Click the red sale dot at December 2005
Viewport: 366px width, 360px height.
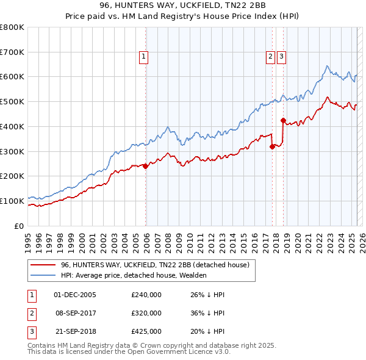tap(146, 166)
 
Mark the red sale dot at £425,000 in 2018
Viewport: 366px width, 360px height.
tap(283, 120)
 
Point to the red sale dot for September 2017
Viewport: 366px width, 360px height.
tap(272, 146)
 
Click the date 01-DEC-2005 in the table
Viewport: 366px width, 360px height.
tap(75, 295)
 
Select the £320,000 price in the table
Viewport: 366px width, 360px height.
tap(146, 313)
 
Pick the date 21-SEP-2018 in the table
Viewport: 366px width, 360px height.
tap(75, 331)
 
